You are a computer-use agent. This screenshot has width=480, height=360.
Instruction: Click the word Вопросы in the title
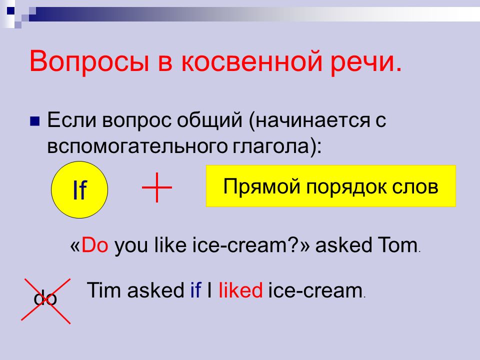pyautogui.click(x=89, y=62)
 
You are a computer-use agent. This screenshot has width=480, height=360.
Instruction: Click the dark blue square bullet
pyautogui.click(x=34, y=121)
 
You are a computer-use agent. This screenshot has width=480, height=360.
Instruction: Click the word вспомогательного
pyautogui.click(x=137, y=146)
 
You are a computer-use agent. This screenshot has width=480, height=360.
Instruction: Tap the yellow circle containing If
pyautogui.click(x=79, y=190)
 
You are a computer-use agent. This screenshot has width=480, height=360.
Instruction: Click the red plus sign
pyautogui.click(x=156, y=187)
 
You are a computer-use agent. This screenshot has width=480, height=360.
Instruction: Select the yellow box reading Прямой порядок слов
pyautogui.click(x=331, y=186)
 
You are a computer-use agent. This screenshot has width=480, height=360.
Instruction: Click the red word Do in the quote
pyautogui.click(x=94, y=245)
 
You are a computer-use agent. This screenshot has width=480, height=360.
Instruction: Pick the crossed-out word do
pyautogui.click(x=45, y=298)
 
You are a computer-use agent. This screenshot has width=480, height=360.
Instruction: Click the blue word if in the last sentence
pyautogui.click(x=195, y=289)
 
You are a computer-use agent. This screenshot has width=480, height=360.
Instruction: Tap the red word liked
pyautogui.click(x=240, y=289)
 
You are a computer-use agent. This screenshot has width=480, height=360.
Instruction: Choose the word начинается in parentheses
pyautogui.click(x=312, y=120)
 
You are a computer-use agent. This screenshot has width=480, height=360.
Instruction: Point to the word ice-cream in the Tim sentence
pyautogui.click(x=315, y=290)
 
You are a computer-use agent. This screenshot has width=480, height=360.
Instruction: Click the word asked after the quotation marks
pyautogui.click(x=343, y=245)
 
